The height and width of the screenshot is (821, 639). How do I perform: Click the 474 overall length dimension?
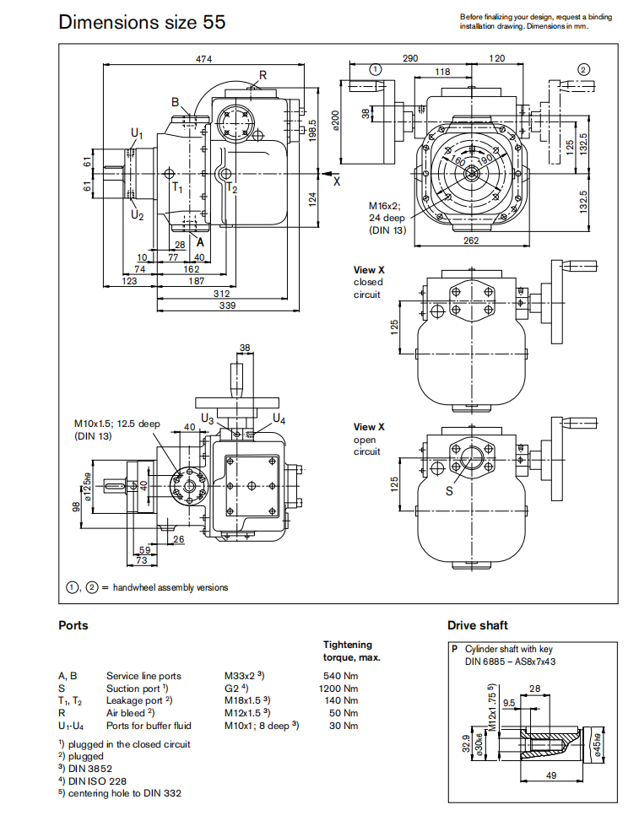[203, 58]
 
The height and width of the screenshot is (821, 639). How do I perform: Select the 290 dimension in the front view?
[410, 58]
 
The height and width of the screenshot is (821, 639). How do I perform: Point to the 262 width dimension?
[471, 241]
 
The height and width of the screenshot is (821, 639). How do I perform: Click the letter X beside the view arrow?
[336, 181]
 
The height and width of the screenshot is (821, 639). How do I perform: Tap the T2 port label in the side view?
[232, 189]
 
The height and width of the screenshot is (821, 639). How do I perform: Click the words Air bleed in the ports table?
[125, 712]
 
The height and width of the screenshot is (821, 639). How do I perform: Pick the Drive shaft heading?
[478, 625]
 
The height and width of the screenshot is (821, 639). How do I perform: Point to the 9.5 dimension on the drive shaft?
[508, 702]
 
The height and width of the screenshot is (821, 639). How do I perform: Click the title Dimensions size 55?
[142, 22]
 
